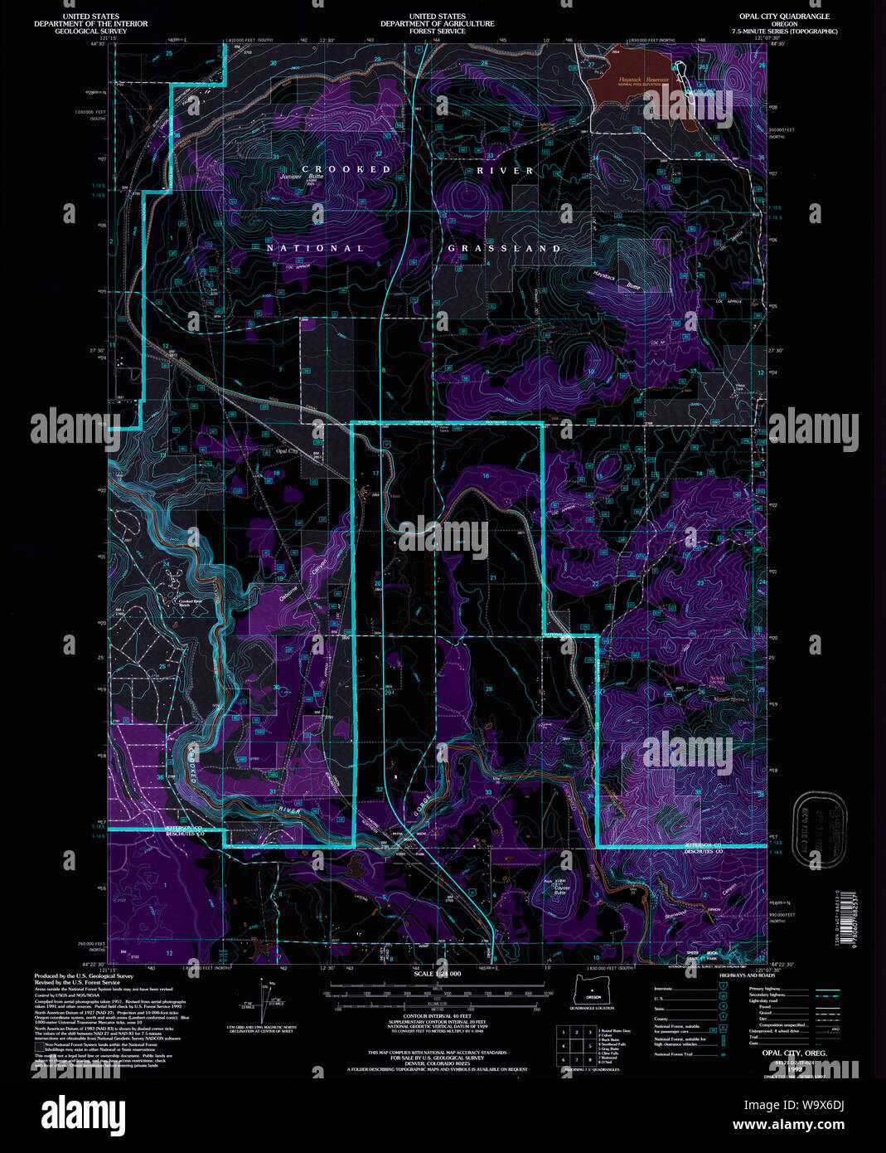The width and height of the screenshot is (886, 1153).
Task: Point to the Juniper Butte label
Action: click(x=302, y=177)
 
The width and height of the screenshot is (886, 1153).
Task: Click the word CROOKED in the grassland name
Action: click(x=346, y=169)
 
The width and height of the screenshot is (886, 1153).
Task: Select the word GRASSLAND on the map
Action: click(x=504, y=248)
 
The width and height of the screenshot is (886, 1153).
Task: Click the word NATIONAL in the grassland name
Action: click(x=315, y=248)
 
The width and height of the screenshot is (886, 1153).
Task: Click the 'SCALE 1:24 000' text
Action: click(x=438, y=972)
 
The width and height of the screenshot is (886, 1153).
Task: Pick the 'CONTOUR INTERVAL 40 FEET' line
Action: click(x=438, y=1015)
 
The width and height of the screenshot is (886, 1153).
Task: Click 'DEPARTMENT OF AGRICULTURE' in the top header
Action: click(x=438, y=24)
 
